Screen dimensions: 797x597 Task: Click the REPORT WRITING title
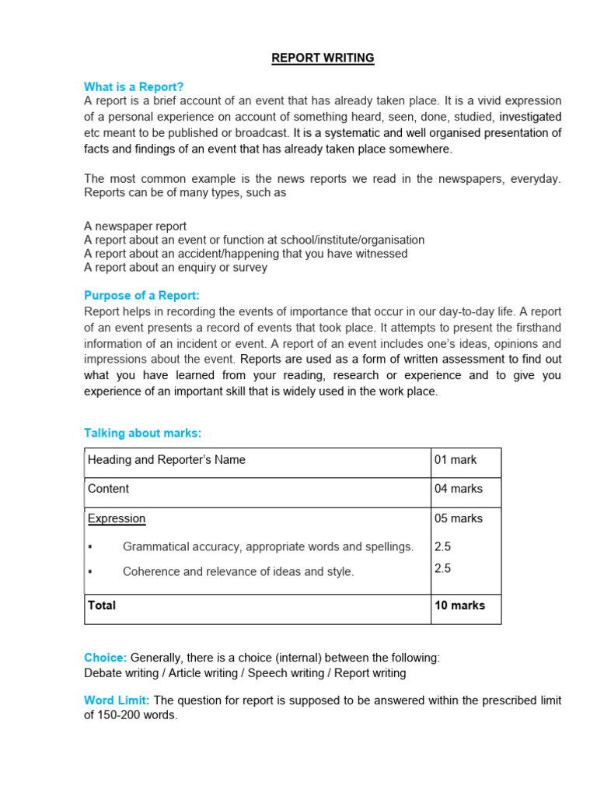tap(323, 58)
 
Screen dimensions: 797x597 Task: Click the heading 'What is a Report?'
tap(134, 86)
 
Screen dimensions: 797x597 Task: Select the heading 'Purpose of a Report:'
tap(141, 296)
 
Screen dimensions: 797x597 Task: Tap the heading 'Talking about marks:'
tap(142, 433)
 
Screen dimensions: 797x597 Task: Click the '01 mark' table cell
tap(456, 460)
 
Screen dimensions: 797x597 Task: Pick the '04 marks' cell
tap(458, 489)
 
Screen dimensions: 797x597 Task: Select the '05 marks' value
tap(458, 518)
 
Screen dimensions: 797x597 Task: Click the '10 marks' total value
tap(459, 606)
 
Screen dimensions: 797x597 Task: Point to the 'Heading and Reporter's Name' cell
tap(166, 460)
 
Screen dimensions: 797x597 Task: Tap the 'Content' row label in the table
tap(109, 489)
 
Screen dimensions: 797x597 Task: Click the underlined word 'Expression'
tap(117, 518)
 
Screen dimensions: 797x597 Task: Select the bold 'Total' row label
tap(102, 606)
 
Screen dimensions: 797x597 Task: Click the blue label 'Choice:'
tap(105, 658)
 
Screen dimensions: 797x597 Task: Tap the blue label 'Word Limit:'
tap(117, 700)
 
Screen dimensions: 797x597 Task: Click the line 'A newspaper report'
tap(135, 226)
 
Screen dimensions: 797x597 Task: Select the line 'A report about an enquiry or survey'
tap(176, 267)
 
